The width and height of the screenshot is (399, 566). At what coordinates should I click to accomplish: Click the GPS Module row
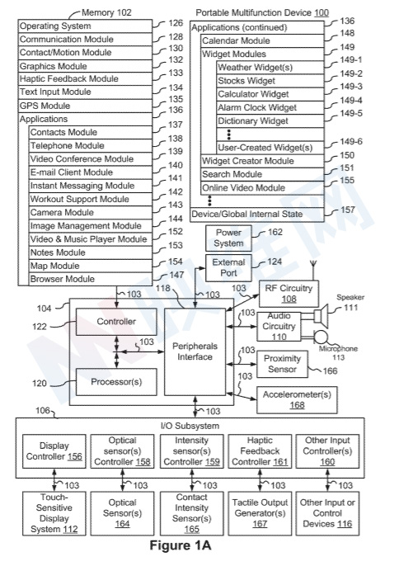tap(85, 106)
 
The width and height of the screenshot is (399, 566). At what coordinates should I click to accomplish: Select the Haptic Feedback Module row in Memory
tap(85, 78)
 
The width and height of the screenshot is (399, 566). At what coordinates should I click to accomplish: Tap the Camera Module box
tap(91, 212)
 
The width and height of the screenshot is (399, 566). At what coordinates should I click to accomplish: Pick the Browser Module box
tap(91, 279)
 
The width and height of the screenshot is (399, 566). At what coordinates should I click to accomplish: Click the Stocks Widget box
tap(270, 81)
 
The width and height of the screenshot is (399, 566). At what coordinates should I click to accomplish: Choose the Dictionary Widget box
tap(270, 121)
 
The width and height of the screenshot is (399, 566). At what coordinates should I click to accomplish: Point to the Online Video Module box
tap(262, 188)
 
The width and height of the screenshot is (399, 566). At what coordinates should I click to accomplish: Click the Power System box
tap(228, 238)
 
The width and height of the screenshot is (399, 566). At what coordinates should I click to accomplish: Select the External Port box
tap(228, 268)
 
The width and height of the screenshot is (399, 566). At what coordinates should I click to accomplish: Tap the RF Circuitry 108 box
tap(289, 294)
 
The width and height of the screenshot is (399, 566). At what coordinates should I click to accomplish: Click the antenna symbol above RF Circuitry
tap(313, 269)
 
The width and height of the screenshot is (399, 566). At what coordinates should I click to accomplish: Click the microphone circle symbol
tap(321, 337)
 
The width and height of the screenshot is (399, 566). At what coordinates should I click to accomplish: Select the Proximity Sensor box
tap(282, 364)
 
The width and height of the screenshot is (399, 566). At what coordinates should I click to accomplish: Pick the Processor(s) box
tap(116, 382)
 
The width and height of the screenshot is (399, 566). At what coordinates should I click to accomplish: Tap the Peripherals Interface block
tap(195, 352)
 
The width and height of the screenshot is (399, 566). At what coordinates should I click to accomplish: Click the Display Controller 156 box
tap(54, 451)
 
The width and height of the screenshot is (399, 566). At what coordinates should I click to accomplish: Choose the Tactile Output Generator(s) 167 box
tap(260, 513)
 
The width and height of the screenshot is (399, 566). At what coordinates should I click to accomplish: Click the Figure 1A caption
tap(181, 545)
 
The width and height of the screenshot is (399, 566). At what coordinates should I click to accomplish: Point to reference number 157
tap(348, 210)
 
